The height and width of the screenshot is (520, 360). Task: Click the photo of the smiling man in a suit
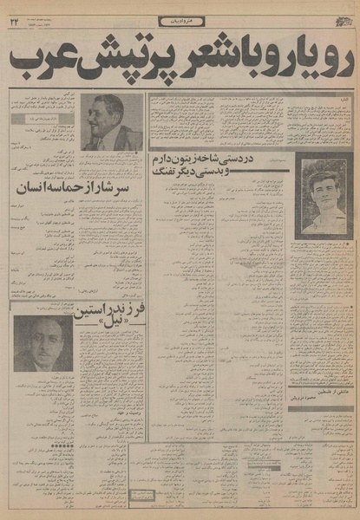112,122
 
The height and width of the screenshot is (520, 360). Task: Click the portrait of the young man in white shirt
323,196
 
